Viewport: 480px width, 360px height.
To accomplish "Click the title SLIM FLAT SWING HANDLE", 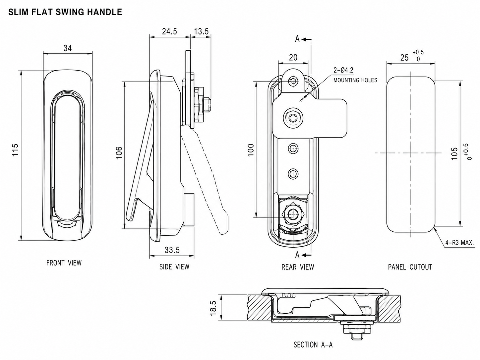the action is pyautogui.click(x=65, y=12).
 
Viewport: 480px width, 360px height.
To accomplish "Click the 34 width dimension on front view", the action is pyautogui.click(x=68, y=48).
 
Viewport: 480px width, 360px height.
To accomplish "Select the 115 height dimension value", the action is pyautogui.click(x=15, y=150).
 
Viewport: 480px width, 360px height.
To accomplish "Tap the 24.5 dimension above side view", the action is pyautogui.click(x=169, y=31).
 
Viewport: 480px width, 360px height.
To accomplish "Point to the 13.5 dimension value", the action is pyautogui.click(x=202, y=31).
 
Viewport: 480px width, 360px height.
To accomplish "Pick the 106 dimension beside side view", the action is pyautogui.click(x=119, y=152).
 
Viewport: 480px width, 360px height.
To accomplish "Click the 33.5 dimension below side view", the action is pyautogui.click(x=172, y=250).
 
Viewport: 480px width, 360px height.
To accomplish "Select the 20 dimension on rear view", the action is pyautogui.click(x=293, y=57).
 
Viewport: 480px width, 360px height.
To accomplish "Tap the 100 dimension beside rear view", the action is pyautogui.click(x=251, y=150).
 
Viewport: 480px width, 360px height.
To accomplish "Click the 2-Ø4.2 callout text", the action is pyautogui.click(x=343, y=70).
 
